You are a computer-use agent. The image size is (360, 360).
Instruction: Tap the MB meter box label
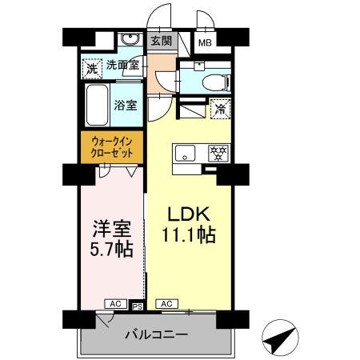click(x=205, y=43)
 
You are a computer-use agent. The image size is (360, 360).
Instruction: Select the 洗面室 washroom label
click(x=122, y=67)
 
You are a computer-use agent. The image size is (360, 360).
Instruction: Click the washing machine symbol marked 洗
click(x=91, y=69)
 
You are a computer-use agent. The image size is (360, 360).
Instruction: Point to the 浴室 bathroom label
click(x=124, y=105)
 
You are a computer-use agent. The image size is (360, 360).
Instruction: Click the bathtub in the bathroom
click(x=98, y=105)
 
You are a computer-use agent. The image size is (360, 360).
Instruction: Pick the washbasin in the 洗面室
click(x=129, y=41)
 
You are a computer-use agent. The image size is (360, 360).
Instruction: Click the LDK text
click(x=188, y=214)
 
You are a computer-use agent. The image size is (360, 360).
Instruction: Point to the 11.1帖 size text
click(x=189, y=236)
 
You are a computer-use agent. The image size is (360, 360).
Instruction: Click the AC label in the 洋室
click(x=116, y=304)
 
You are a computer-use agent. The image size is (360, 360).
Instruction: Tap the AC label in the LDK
click(x=167, y=304)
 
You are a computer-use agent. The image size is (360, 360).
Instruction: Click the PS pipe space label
click(x=137, y=305)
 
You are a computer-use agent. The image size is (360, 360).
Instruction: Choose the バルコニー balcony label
click(x=157, y=334)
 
